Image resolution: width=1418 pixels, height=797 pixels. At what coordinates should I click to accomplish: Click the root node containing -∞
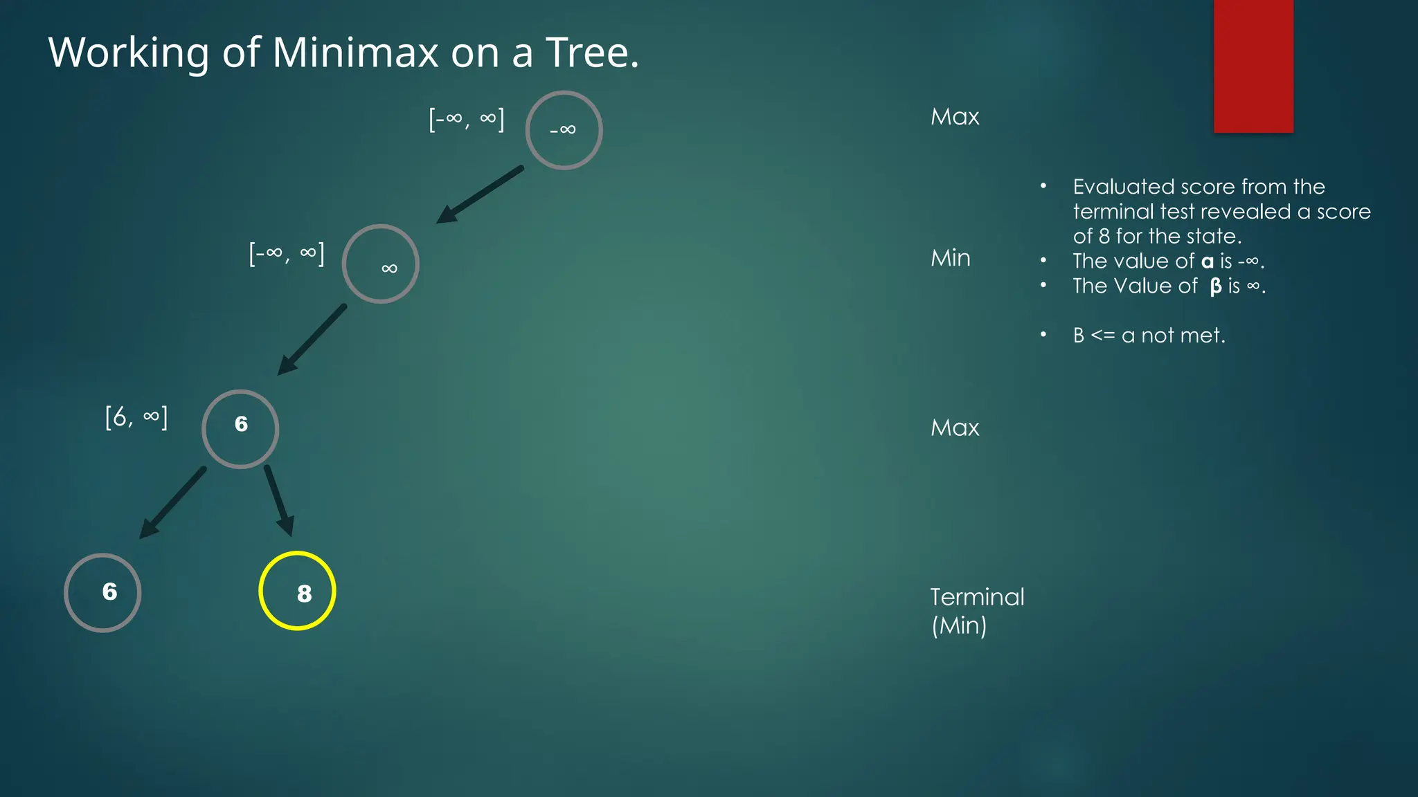[x=564, y=130]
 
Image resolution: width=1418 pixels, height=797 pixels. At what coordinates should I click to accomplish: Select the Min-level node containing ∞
[x=380, y=264]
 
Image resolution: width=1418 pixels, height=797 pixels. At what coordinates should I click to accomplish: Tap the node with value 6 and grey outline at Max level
[x=240, y=429]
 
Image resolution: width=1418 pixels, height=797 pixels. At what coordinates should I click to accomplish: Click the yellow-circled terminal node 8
[x=297, y=591]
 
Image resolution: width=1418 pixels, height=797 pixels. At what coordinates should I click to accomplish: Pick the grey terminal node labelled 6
[x=102, y=592]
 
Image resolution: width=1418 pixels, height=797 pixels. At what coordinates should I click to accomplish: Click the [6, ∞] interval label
[x=136, y=417]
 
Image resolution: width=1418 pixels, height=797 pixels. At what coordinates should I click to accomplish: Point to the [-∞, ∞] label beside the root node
[x=467, y=119]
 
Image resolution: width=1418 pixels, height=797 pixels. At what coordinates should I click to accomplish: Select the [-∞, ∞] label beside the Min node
[x=287, y=254]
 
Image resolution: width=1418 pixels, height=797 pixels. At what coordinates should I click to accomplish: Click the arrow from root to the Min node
[x=479, y=195]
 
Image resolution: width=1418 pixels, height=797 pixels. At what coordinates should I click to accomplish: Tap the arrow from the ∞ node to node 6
[x=312, y=340]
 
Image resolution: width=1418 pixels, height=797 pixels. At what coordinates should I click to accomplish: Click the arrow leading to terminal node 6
[x=173, y=502]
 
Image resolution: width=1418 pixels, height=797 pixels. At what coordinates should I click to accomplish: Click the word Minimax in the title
[x=355, y=53]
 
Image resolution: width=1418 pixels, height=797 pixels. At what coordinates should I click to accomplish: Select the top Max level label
[x=955, y=117]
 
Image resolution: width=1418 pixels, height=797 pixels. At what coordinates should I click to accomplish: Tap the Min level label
[x=950, y=258]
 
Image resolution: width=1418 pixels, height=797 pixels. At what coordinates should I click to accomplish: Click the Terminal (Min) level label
[x=976, y=611]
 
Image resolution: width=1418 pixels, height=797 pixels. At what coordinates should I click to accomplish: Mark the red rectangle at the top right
[x=1253, y=66]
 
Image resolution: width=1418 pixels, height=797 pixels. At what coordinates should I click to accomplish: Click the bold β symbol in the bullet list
[x=1215, y=286]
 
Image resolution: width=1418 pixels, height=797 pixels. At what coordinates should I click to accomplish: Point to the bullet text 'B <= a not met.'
[x=1149, y=336]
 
